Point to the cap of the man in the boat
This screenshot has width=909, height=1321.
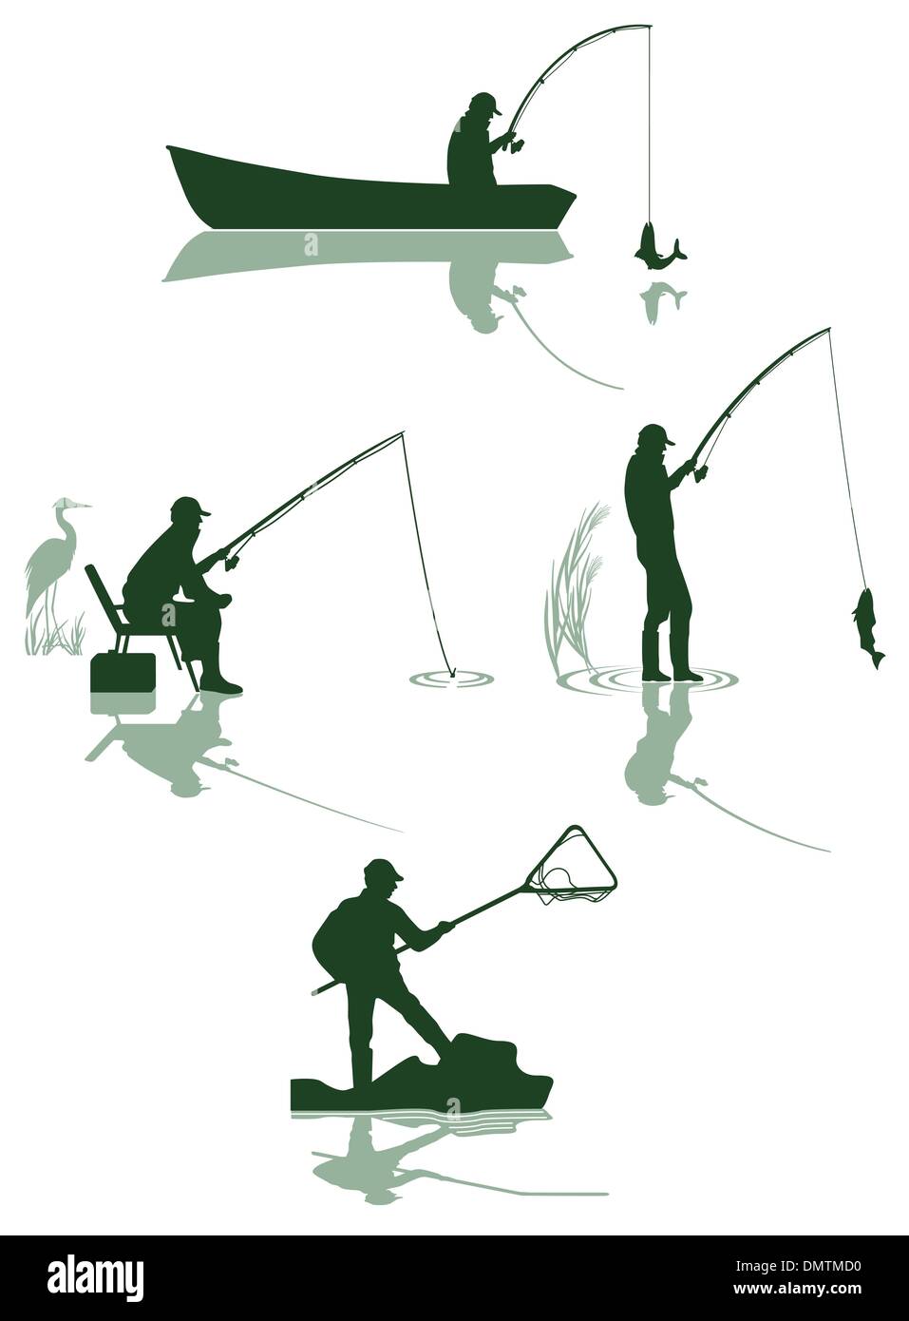[x=484, y=101]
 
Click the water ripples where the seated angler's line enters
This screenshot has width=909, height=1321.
[x=452, y=678]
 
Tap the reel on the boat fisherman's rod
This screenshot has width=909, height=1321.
[x=517, y=144]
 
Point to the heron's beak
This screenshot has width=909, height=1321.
[x=85, y=505]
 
